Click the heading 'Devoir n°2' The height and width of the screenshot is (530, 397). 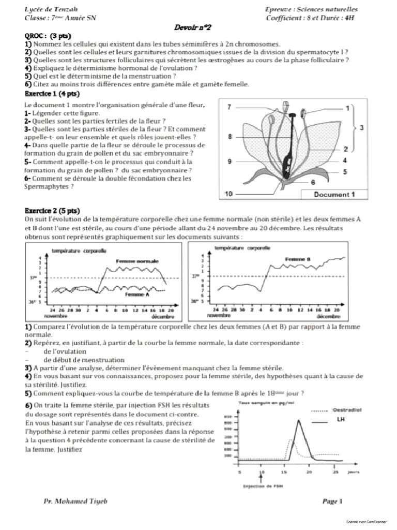(x=194, y=27)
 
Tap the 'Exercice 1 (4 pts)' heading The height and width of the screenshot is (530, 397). (x=52, y=93)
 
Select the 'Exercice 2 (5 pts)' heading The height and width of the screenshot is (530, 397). (x=52, y=211)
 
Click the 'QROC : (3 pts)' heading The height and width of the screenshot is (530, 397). (x=48, y=36)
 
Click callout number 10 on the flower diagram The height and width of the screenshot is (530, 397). (x=229, y=194)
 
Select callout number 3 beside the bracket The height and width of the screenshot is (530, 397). (x=361, y=127)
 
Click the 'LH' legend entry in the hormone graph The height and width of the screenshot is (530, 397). (x=341, y=419)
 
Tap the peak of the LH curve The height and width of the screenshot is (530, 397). (x=298, y=420)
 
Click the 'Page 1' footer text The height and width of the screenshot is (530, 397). (x=332, y=501)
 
